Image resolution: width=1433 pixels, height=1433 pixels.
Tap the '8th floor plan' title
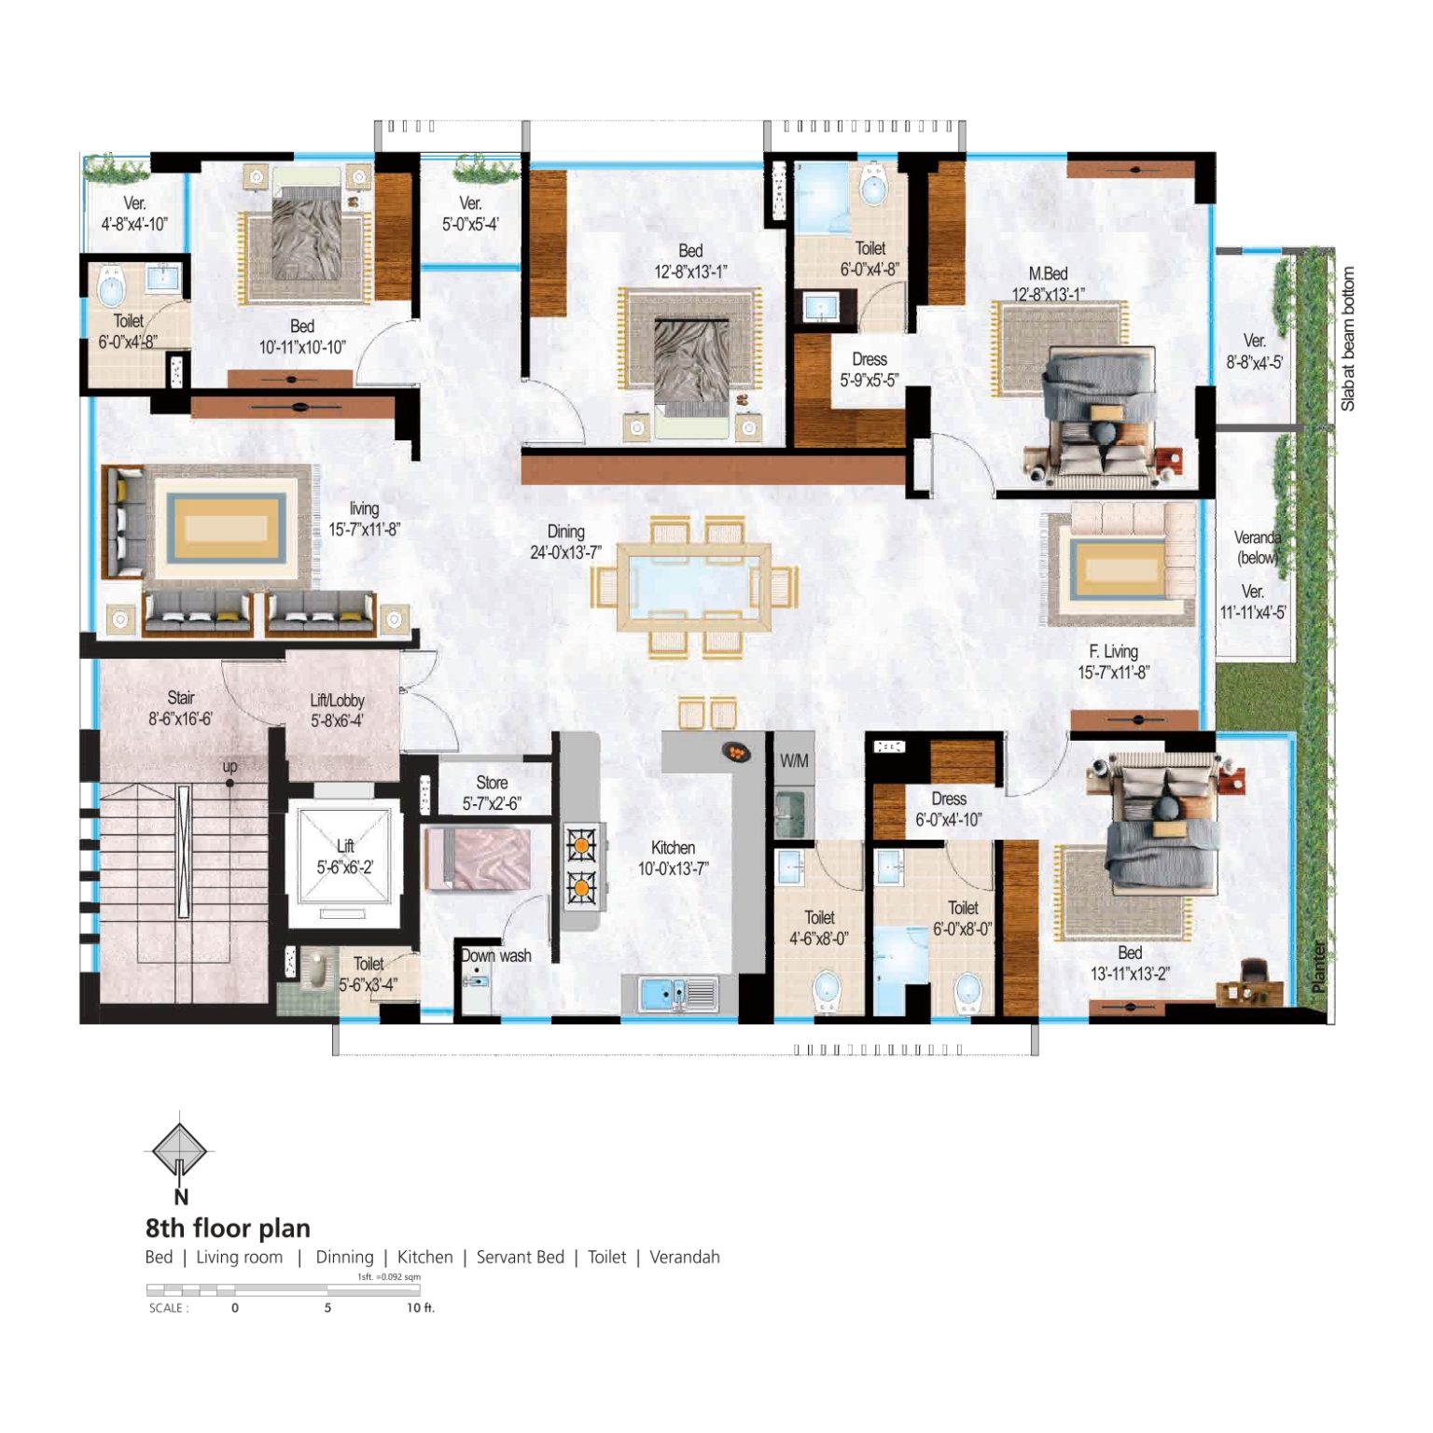[x=228, y=1228]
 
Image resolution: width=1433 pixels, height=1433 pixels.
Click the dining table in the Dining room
[x=694, y=587]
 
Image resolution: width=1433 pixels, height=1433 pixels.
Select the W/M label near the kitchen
[x=794, y=760]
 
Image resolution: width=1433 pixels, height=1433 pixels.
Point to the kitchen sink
[x=678, y=995]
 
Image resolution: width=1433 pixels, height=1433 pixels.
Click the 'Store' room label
[x=492, y=783]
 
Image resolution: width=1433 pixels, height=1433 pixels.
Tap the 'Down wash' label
[x=496, y=955]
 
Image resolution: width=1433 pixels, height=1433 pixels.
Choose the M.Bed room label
[x=1048, y=273]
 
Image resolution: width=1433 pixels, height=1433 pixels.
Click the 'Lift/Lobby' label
[x=337, y=700]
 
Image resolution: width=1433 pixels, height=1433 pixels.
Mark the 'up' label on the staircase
[x=230, y=766]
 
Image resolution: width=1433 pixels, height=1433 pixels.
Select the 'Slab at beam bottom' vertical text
[x=1347, y=340]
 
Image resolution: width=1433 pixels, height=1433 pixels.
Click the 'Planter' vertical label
[x=1318, y=967]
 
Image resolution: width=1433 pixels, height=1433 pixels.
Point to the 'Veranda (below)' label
[x=1258, y=548]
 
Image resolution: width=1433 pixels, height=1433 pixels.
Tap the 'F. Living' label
[x=1113, y=651]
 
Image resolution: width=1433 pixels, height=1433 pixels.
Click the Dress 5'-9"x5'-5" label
[x=869, y=369]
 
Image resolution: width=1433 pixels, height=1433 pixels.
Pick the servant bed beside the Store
[x=478, y=858]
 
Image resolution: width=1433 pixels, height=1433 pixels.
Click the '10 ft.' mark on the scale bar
[x=420, y=1308]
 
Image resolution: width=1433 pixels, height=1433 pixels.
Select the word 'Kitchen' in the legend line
[x=424, y=1257]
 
